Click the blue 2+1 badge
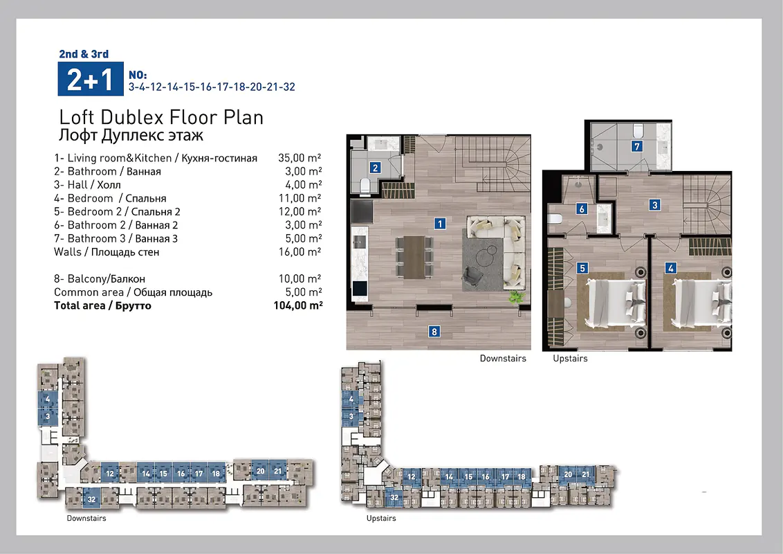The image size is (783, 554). pos(91,78)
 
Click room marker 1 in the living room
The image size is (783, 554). pos(439,224)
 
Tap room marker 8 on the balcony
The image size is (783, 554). pos(434,332)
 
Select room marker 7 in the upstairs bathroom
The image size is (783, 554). pos(636,146)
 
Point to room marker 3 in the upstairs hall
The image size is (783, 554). pos(654,204)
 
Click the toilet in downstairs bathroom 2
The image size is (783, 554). pos(365,186)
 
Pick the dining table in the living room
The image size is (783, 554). pos(414,258)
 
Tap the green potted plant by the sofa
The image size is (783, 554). pos(515,297)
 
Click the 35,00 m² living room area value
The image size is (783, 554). pos(300,158)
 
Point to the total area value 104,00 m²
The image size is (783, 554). pos(298,305)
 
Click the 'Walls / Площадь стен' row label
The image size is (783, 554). pos(107,252)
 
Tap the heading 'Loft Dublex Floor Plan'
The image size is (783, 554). pos(161,118)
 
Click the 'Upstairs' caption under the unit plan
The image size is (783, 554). pos(570,359)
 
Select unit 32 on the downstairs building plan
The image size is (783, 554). pos(92,499)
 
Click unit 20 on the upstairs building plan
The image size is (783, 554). pos(569,474)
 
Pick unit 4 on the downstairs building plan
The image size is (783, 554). pos(48,399)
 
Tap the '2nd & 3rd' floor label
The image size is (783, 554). pos(84,54)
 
